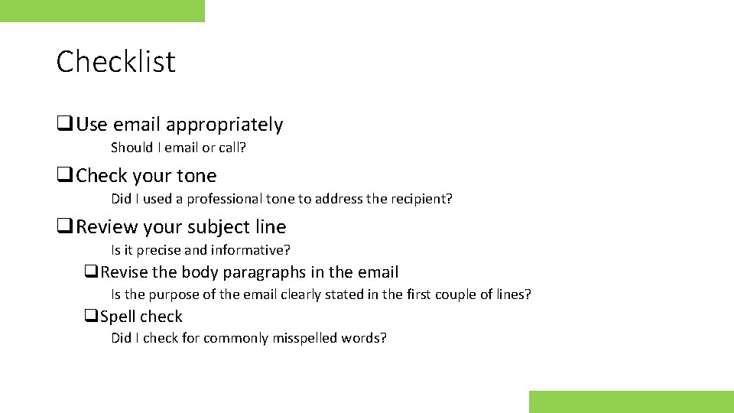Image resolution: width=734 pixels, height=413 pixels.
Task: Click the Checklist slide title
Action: (115, 61)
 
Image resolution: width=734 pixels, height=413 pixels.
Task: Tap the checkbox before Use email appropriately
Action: (63, 125)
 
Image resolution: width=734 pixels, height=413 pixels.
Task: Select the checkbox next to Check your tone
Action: (63, 176)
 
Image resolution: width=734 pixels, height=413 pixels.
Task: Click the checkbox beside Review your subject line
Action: (63, 227)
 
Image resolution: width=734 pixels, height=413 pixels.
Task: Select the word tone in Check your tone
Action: (196, 176)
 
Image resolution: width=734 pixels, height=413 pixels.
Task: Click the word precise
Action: (158, 250)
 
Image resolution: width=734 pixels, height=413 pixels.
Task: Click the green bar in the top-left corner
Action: (102, 11)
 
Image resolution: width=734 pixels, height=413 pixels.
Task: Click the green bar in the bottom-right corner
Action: (631, 402)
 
